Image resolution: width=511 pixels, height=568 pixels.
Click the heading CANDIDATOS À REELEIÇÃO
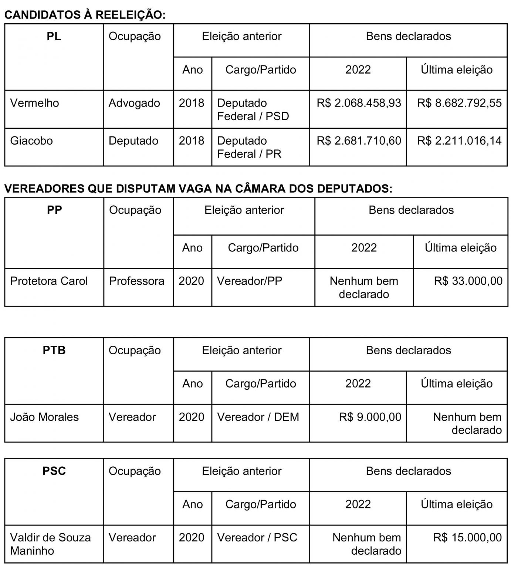[85, 15]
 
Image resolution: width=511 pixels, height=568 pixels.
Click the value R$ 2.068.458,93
[359, 103]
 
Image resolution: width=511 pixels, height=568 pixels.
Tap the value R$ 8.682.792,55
[459, 103]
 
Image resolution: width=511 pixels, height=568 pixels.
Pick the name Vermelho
[34, 103]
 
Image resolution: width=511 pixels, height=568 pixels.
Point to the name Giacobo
[31, 141]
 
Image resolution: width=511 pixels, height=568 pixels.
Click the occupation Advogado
[134, 103]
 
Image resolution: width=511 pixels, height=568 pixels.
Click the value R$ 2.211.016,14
[459, 141]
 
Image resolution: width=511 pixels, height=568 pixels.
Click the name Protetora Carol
[49, 281]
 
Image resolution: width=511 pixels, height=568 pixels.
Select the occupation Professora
[136, 281]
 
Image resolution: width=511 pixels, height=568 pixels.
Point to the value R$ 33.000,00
[468, 281]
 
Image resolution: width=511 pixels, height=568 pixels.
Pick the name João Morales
[44, 417]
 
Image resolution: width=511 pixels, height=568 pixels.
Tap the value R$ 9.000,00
[370, 417]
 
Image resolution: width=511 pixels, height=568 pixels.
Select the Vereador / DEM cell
[258, 417]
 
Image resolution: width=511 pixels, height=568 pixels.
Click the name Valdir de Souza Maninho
[50, 544]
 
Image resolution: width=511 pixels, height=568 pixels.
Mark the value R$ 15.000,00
[467, 537]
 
